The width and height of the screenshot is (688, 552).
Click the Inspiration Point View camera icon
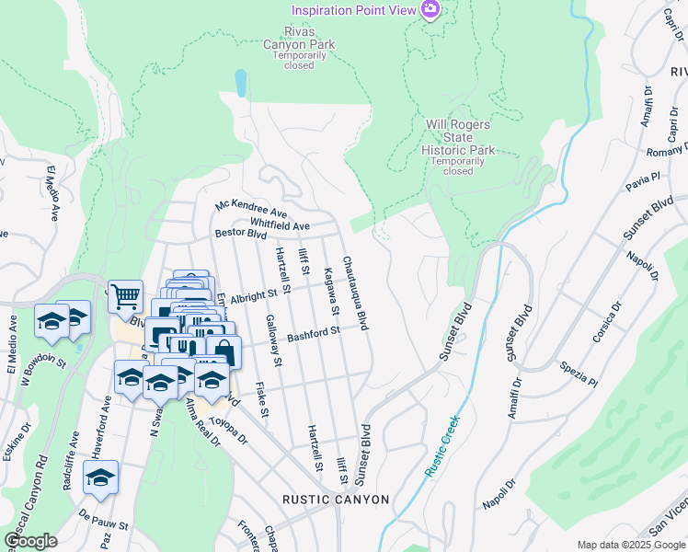tap(429, 9)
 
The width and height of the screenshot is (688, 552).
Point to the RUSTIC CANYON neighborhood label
tap(336, 500)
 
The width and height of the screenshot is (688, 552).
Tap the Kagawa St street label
tap(330, 287)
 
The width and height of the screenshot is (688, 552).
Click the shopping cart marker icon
tap(125, 296)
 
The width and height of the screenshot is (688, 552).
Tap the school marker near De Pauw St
tap(100, 477)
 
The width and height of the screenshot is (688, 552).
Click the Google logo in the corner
tap(30, 541)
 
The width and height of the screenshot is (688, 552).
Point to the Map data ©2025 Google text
tap(631, 545)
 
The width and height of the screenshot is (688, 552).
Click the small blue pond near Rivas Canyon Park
tap(241, 83)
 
